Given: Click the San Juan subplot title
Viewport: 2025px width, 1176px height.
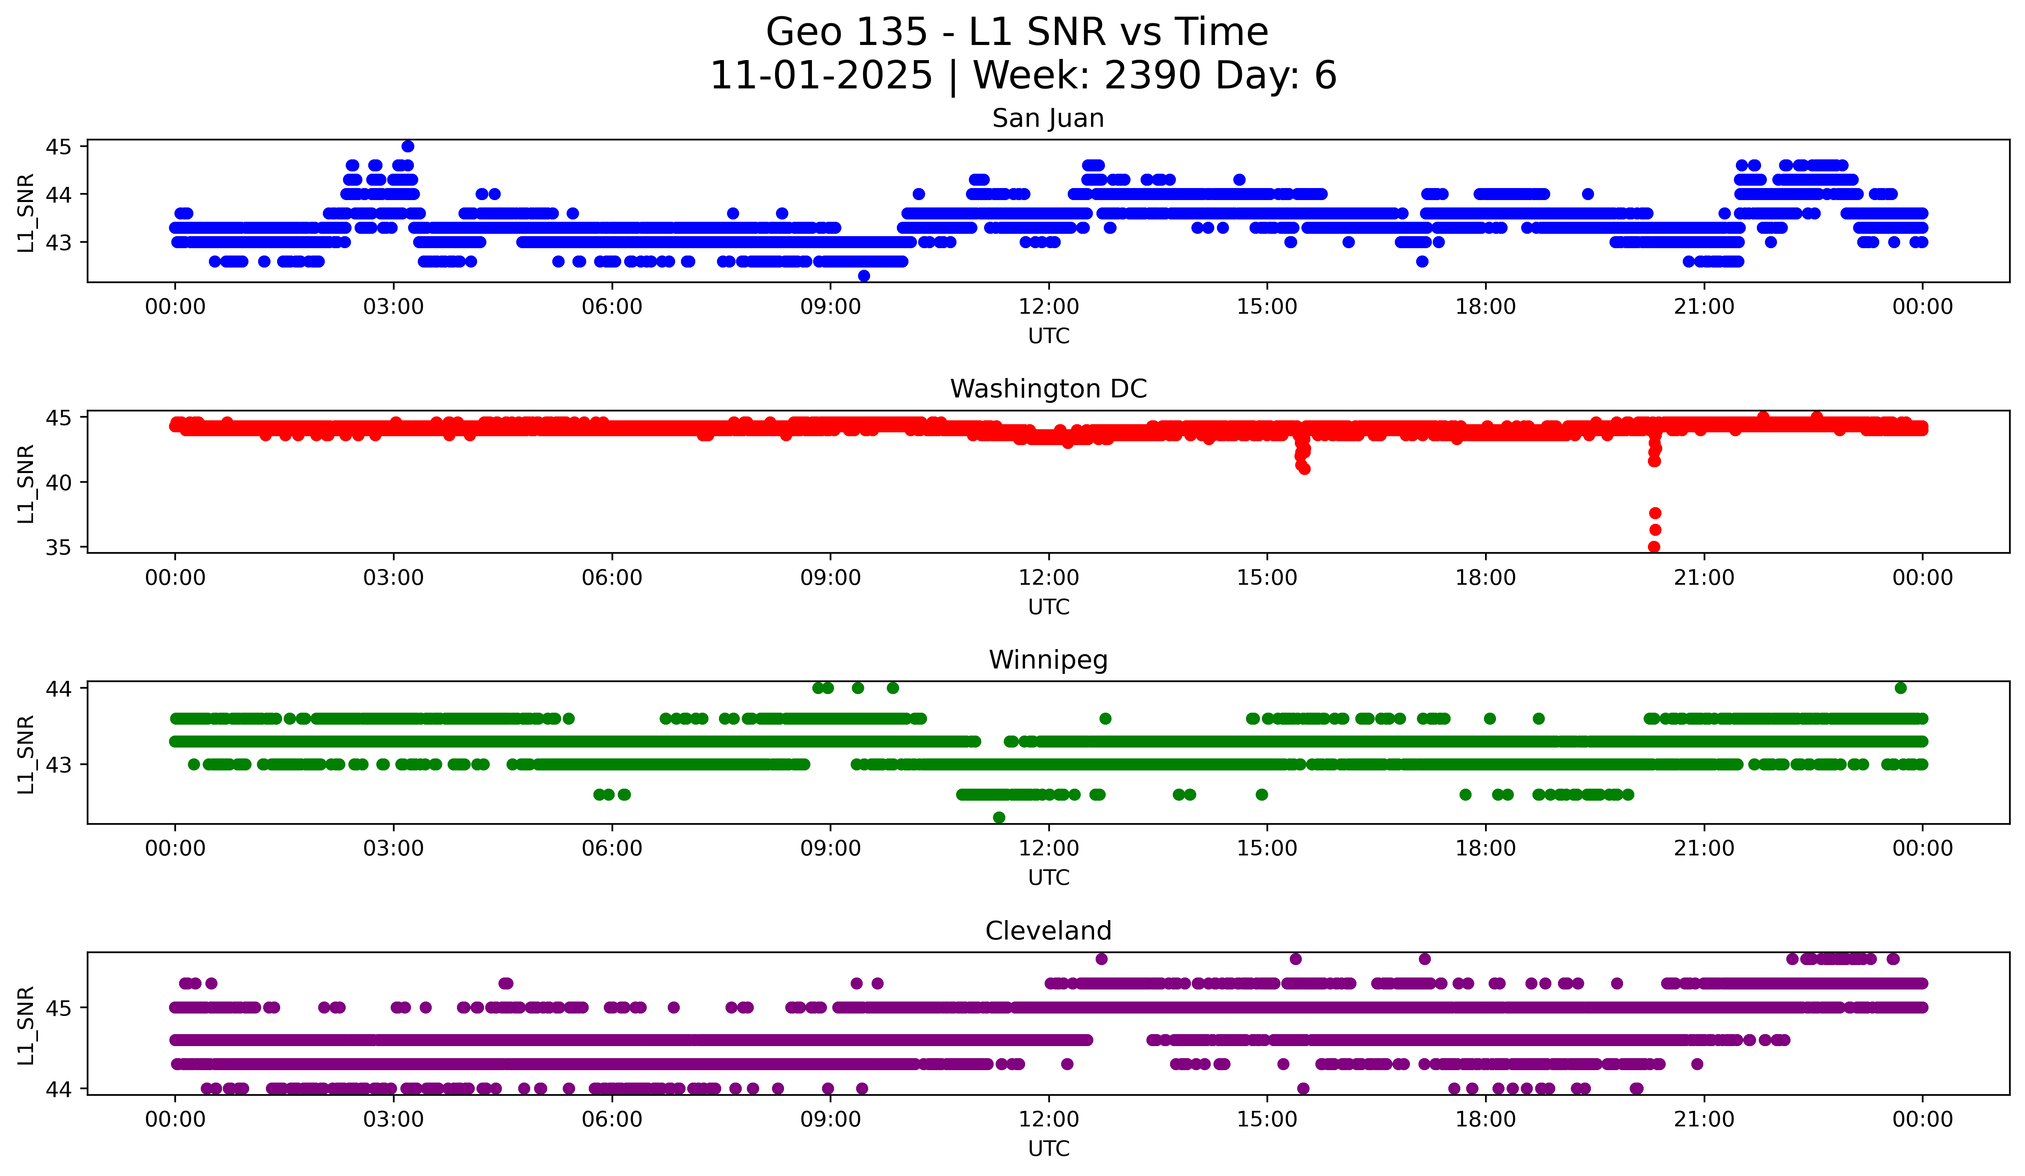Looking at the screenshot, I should tap(1048, 118).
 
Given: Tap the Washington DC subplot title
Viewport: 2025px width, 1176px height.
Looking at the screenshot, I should tap(1048, 389).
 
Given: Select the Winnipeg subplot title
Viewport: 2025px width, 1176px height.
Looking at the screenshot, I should tap(1048, 660).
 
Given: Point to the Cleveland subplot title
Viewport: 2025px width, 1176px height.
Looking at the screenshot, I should tap(1048, 931).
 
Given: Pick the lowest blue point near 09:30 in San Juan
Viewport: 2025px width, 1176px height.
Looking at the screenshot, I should tap(864, 276).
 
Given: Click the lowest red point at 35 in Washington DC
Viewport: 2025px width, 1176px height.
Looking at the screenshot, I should tap(1654, 547).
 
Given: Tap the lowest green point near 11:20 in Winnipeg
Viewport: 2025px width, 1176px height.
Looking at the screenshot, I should tap(999, 817).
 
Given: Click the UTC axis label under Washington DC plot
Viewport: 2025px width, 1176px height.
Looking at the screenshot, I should tap(1049, 607).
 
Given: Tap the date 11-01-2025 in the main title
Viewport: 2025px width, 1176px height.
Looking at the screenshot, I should tap(821, 76).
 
